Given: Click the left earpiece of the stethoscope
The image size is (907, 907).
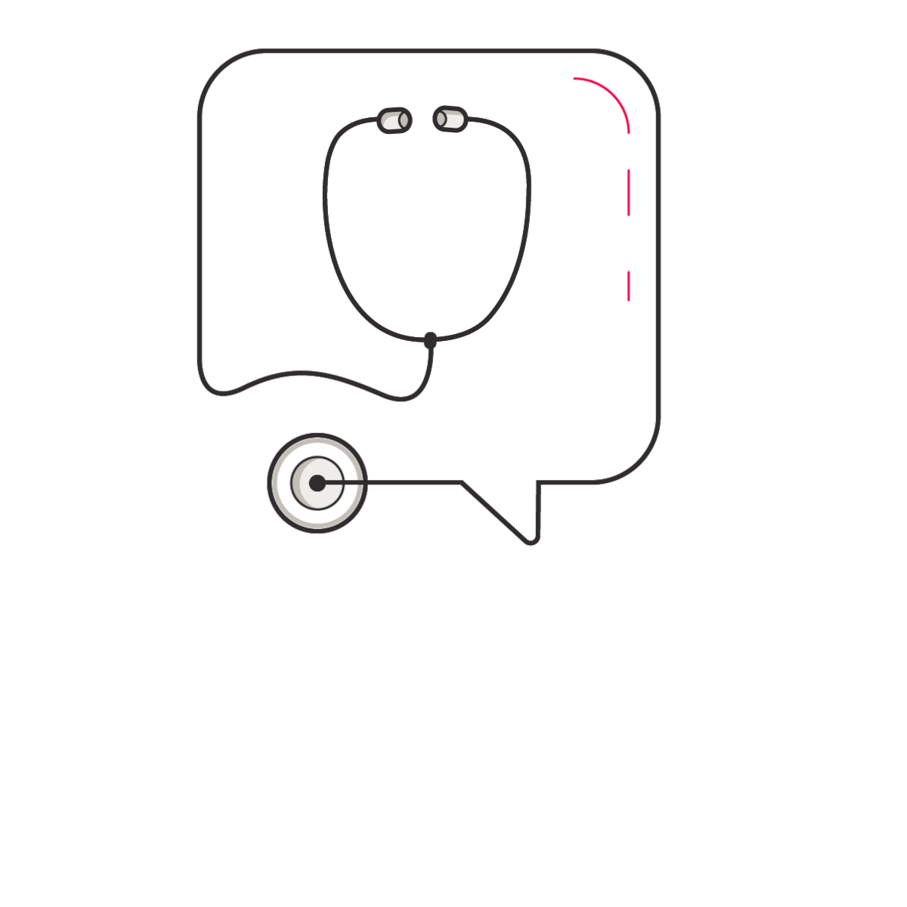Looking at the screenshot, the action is (x=394, y=120).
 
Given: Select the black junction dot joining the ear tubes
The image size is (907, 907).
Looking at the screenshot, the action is (x=430, y=340).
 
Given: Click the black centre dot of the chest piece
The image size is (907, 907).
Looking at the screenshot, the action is (x=317, y=483).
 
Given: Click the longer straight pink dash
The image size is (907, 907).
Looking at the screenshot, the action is (x=628, y=193).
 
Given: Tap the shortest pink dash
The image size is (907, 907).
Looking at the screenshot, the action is (x=628, y=286).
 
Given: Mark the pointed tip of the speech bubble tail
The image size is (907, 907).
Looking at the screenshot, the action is (x=531, y=540).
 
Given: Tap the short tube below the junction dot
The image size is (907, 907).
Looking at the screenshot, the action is (x=429, y=370).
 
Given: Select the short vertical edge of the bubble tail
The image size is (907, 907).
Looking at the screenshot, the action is (x=538, y=510).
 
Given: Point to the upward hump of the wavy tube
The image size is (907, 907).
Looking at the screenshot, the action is (x=302, y=373).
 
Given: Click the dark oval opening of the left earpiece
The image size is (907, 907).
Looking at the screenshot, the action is (x=404, y=119).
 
